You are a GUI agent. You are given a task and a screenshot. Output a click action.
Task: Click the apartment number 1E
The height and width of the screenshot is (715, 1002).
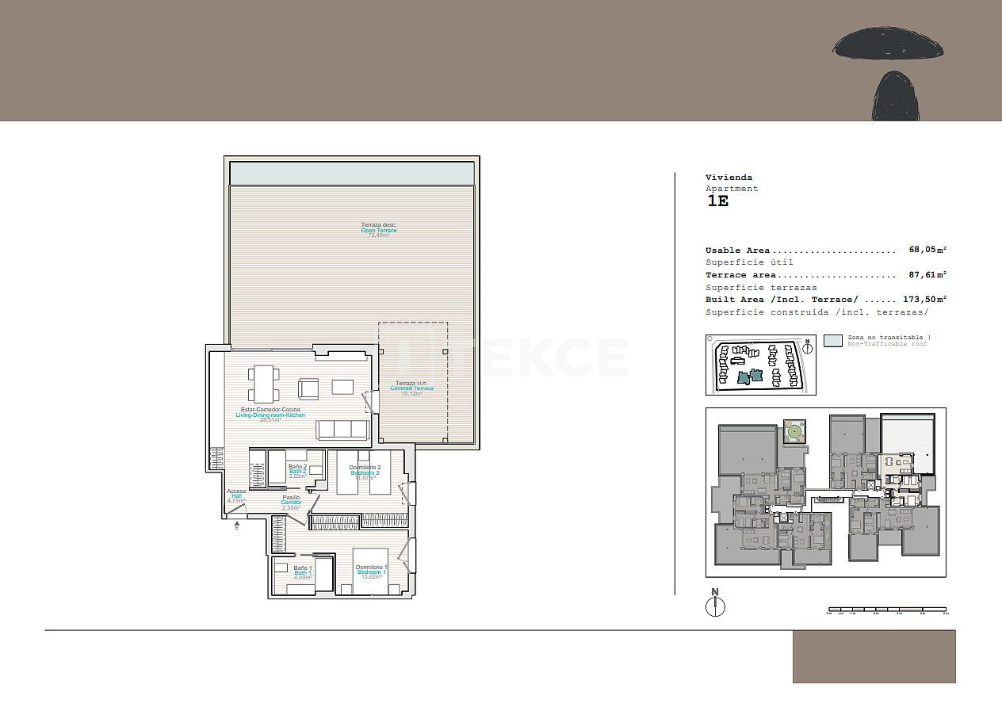click(717, 201)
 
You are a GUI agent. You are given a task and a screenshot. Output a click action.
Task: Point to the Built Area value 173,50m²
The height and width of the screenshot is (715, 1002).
click(925, 300)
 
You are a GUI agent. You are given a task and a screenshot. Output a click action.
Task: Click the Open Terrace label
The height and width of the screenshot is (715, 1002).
click(379, 230)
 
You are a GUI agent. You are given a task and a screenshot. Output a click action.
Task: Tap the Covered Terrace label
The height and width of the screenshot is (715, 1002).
click(411, 388)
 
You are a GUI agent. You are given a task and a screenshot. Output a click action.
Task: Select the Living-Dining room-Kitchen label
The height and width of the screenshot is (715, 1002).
click(270, 415)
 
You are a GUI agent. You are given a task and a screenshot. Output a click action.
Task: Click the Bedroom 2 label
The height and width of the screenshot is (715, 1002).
click(365, 472)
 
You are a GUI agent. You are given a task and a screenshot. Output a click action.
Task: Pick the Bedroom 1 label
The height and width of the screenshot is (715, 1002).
click(371, 572)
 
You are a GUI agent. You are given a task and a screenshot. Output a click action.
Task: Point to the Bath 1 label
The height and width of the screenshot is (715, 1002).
click(303, 573)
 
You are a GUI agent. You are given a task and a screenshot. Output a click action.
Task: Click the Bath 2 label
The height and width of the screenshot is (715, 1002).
click(297, 472)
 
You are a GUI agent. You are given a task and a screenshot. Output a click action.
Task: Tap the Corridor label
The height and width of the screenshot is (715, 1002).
click(291, 503)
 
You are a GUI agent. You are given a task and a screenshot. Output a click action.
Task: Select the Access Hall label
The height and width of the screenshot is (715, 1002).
click(236, 495)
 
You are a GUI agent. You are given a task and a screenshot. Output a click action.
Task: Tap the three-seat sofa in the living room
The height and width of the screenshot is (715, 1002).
click(342, 430)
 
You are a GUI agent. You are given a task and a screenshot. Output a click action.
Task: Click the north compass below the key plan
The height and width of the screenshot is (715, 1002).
click(715, 604)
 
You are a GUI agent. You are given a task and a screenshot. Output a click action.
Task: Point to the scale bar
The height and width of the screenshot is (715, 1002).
click(886, 610)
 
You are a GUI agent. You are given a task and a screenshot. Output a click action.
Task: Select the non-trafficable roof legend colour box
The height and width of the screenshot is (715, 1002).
click(832, 341)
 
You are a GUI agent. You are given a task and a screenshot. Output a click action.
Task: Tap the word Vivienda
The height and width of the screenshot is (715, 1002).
click(729, 178)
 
